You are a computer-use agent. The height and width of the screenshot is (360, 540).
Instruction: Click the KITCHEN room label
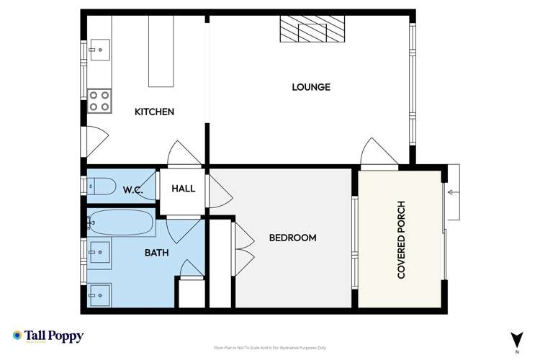(155, 112)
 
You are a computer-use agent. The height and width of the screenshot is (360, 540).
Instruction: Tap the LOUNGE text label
(310, 87)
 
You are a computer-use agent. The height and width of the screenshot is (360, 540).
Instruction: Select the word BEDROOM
(292, 238)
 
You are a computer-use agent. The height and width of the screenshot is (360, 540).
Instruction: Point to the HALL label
(183, 189)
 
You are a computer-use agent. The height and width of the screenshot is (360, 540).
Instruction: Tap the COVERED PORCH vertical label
(402, 240)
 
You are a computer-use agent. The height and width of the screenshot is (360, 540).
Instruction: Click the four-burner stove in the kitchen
(99, 100)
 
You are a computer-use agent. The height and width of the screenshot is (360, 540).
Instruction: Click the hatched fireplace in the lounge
(312, 30)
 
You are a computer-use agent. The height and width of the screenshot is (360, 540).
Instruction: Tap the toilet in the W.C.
(101, 188)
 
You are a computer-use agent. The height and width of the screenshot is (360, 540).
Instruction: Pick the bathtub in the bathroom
(121, 223)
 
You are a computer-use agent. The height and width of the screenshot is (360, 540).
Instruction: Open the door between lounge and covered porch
(375, 153)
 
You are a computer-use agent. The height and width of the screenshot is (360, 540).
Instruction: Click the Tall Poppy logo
(48, 337)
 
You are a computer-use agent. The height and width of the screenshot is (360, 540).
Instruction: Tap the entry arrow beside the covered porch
(453, 192)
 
